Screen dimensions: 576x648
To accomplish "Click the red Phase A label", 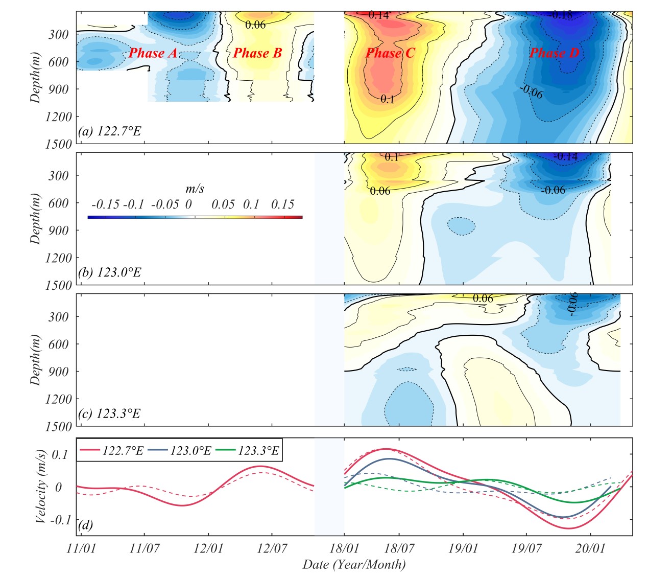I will (x=153, y=53).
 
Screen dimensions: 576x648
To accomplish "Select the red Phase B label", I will (x=257, y=53).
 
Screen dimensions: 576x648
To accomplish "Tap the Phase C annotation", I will (x=390, y=53).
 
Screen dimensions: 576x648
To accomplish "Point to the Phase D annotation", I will (x=555, y=53).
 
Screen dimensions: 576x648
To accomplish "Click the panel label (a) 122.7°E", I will (x=109, y=131).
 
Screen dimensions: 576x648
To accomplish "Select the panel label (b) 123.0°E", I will (x=109, y=272).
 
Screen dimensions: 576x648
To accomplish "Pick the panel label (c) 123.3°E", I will (x=109, y=413).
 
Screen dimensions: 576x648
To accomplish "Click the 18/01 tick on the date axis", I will (x=344, y=549).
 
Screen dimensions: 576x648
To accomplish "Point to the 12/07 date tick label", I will (x=272, y=549).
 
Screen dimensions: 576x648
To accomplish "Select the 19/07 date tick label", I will (x=527, y=549).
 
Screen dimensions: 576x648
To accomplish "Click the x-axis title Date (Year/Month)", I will (x=354, y=565).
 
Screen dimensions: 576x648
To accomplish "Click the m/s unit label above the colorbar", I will (x=195, y=189).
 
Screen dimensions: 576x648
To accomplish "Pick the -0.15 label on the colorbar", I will (x=105, y=205).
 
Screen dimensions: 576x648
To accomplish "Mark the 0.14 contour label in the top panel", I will (x=378, y=15).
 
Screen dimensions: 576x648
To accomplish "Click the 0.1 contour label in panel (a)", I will (x=388, y=99).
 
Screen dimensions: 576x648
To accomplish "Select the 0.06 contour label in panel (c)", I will (x=483, y=298).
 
